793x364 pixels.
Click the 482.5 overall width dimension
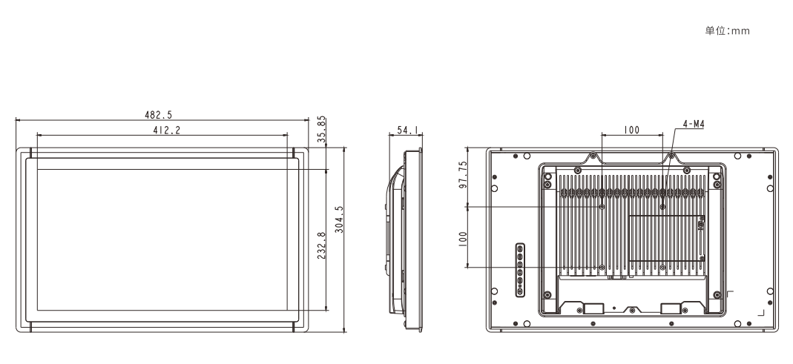[158, 115]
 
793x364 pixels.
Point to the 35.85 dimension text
[322, 130]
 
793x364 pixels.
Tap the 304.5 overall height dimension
[339, 219]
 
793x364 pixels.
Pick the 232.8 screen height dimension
[322, 245]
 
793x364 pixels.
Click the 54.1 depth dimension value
[408, 130]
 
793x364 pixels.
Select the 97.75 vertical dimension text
[463, 174]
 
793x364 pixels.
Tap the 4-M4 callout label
[694, 124]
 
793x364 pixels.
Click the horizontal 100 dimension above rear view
[631, 130]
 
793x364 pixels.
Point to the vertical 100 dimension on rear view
[463, 239]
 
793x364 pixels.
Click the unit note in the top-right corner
[727, 31]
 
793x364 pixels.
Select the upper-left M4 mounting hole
[602, 206]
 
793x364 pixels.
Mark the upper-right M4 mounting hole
[663, 206]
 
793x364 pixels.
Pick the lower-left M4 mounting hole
[602, 267]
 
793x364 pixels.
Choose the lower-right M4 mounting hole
[663, 267]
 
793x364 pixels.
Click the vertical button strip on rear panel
[519, 271]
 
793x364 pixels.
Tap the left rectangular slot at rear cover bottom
[593, 308]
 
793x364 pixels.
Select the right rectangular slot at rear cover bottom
[671, 308]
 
